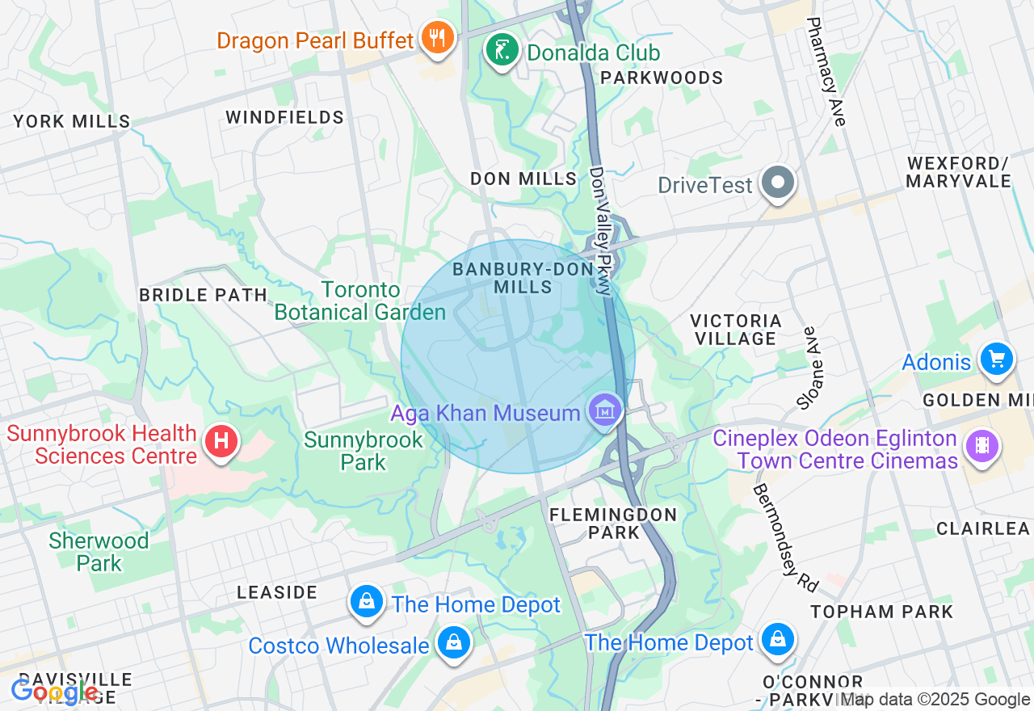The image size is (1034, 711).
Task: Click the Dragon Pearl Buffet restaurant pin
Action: [437, 38]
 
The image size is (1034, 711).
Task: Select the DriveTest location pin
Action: [778, 183]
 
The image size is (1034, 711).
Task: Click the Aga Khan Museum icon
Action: [605, 411]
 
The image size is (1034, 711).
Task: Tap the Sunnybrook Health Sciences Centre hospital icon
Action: [221, 442]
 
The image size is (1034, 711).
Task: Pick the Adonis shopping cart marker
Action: [996, 360]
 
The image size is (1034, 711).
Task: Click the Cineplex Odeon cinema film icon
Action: [981, 445]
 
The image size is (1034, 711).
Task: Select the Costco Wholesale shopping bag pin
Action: [453, 644]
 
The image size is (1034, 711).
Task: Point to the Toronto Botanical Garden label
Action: [360, 301]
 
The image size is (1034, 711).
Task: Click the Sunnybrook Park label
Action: [364, 451]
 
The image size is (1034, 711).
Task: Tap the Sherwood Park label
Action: [99, 552]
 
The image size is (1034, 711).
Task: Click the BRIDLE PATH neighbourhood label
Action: [203, 295]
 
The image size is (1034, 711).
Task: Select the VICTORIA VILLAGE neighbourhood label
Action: [736, 330]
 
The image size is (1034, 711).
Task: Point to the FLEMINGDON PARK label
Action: [613, 523]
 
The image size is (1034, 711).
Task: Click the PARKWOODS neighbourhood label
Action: [662, 78]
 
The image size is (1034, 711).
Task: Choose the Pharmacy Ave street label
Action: [826, 71]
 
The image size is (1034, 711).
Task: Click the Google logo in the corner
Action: [54, 692]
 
